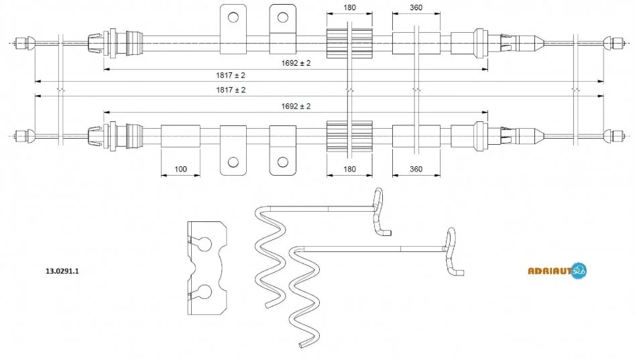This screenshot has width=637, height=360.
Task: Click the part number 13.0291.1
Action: pos(62,271)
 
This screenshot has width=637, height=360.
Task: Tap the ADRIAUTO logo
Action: pos(557,271)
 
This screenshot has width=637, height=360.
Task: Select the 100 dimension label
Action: pos(180,169)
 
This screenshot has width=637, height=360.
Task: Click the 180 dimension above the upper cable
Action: pos(349,7)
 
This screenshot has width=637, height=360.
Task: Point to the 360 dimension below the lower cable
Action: pos(416,169)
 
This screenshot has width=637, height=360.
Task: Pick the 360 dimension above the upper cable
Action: pos(416,7)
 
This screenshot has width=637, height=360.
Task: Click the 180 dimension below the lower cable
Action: pos(349,169)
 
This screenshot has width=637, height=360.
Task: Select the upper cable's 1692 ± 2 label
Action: pos(296,63)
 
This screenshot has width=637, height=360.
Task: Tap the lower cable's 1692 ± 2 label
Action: pos(296,106)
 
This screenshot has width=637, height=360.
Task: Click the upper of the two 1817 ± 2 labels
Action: pos(231,75)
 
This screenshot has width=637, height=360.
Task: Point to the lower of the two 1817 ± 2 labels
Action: pos(231,90)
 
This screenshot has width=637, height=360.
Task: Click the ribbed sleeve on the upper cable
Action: pos(349,43)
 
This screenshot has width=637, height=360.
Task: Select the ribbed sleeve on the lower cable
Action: pos(349,136)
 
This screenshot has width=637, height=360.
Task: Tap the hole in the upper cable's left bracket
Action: pos(233,17)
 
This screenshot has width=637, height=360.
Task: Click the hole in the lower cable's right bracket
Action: pos(283,162)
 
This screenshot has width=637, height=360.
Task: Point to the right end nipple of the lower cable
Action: pos(614,136)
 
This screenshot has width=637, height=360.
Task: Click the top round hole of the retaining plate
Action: pos(205,243)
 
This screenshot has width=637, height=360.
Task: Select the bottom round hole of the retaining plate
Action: pos(205,292)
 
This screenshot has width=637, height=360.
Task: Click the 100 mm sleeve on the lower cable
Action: pos(180,136)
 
